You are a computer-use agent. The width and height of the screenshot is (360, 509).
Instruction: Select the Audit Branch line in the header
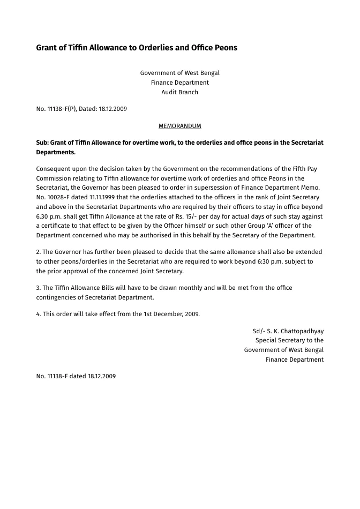[180, 92]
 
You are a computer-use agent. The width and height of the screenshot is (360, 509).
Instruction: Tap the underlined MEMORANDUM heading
[180, 126]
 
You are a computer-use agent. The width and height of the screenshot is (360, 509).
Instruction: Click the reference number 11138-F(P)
[61, 109]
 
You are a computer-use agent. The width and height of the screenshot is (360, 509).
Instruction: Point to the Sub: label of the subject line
[42, 143]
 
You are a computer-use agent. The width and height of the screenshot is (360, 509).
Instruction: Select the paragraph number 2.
[38, 252]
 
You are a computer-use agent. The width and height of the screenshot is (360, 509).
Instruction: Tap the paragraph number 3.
[38, 288]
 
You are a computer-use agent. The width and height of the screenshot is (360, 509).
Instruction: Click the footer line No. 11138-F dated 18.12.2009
[76, 376]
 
